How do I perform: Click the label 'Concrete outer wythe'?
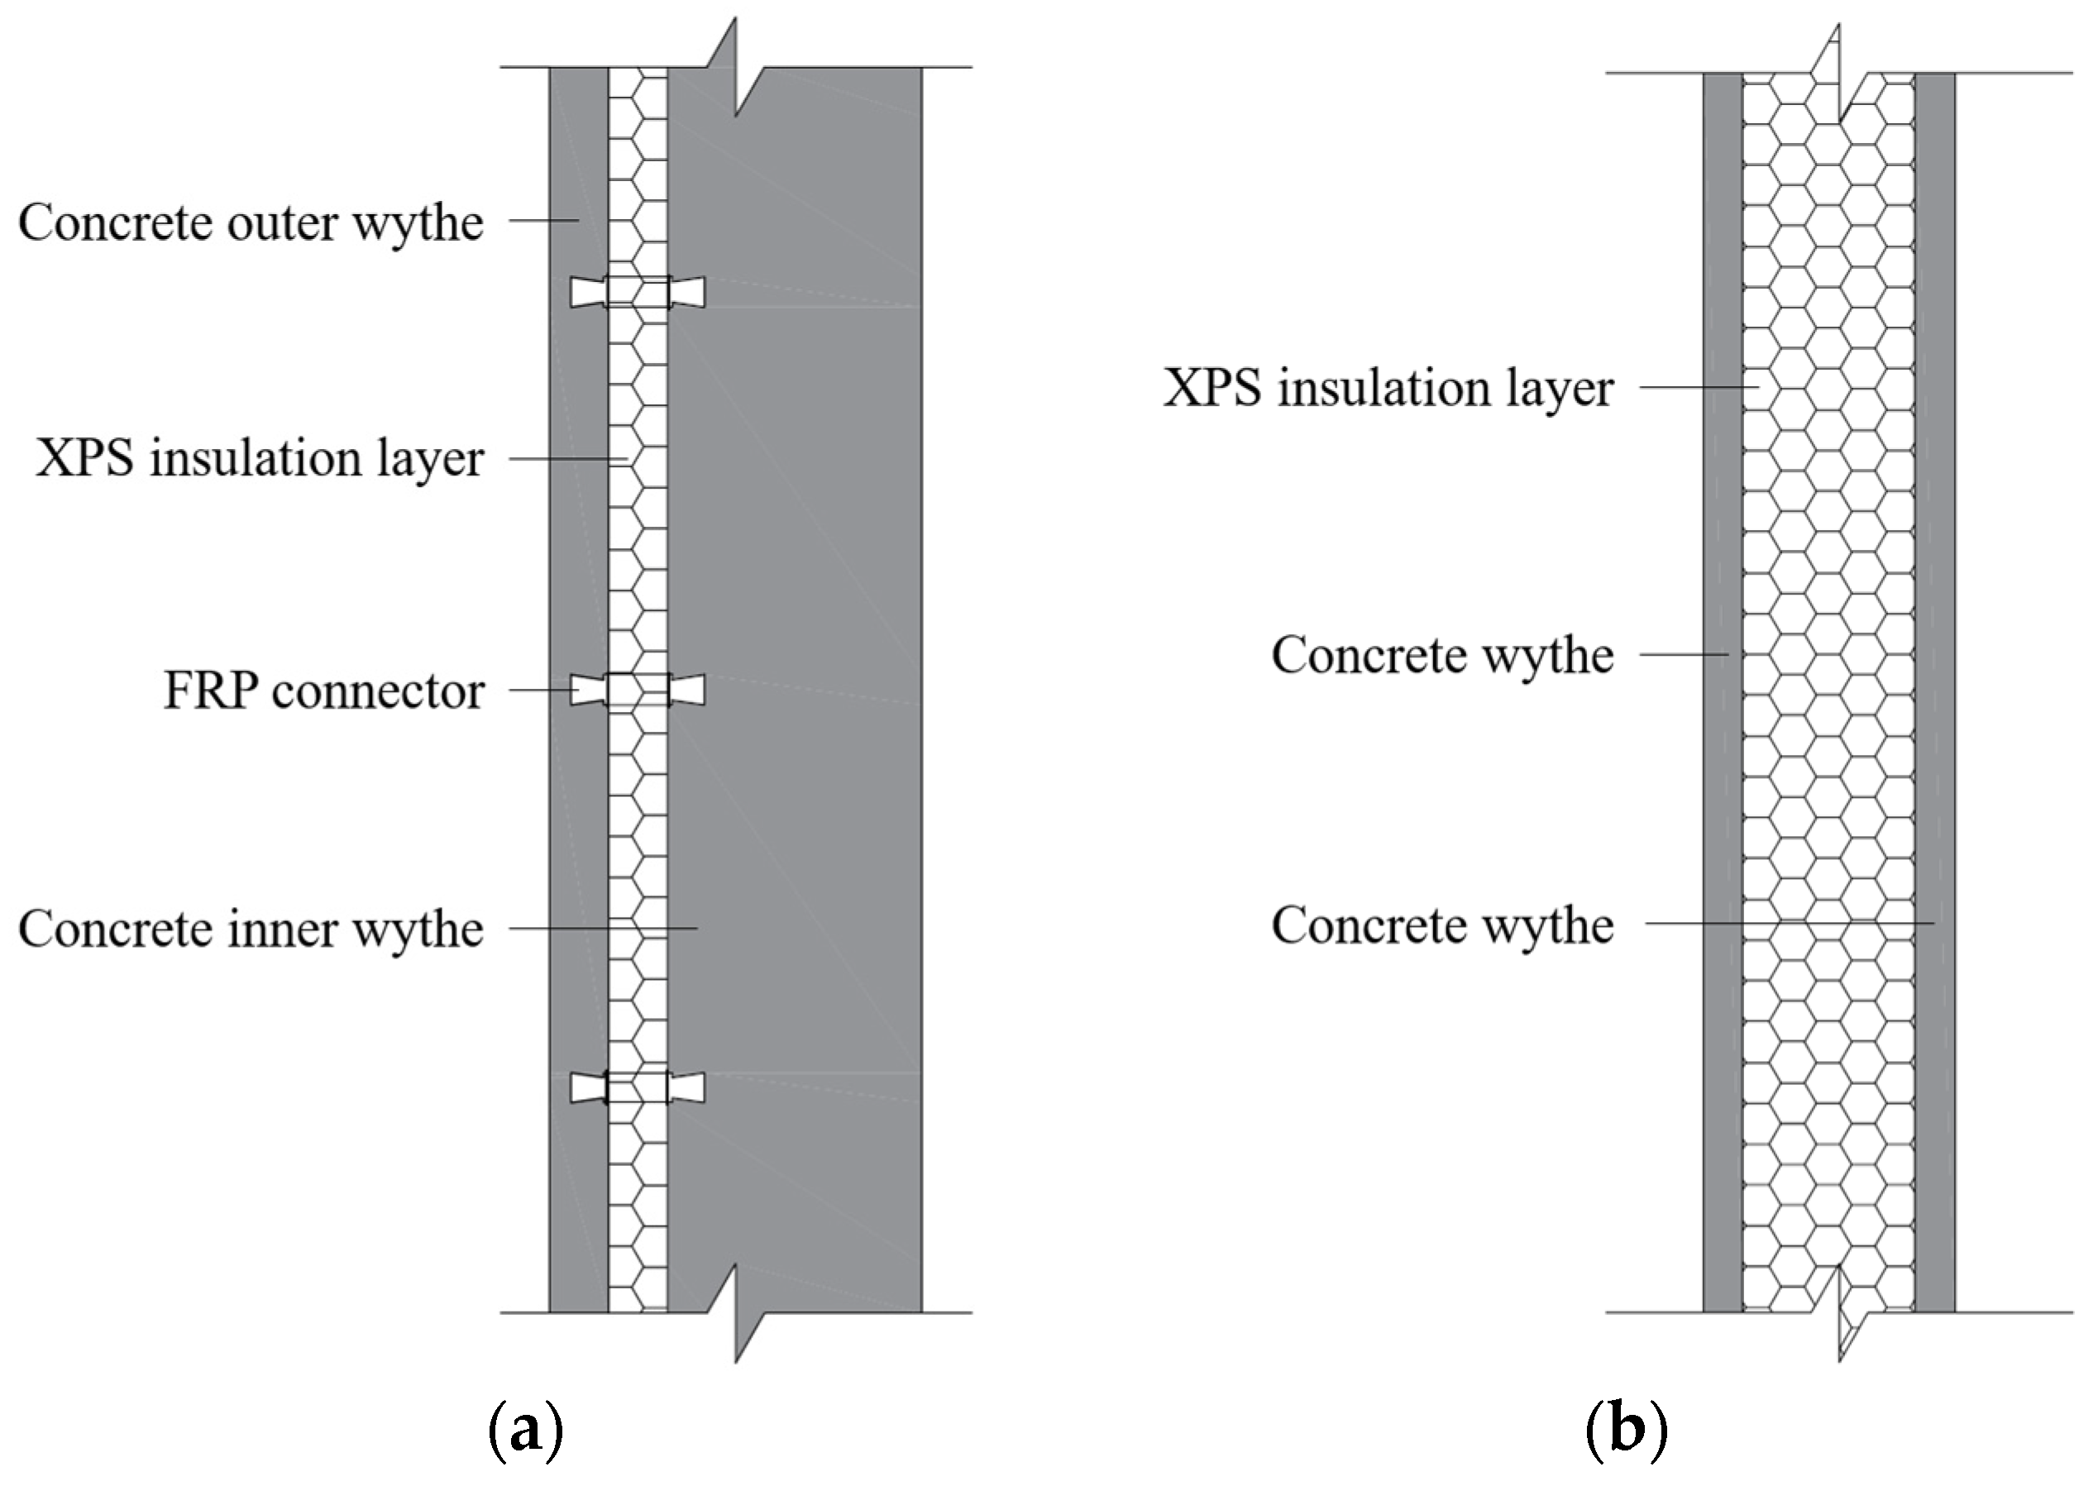point(251,222)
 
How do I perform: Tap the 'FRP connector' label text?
point(324,690)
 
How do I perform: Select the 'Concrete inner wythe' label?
point(251,929)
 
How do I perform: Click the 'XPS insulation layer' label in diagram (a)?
point(260,457)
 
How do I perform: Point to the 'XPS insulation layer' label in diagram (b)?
point(1388,388)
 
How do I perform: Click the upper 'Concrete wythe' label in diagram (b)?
point(1442,655)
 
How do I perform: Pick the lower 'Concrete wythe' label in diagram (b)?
point(1442,925)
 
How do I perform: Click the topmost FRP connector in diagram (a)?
point(638,292)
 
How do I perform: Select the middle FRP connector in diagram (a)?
point(638,690)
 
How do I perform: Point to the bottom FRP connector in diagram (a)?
point(638,1088)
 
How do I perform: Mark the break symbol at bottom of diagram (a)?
point(736,1314)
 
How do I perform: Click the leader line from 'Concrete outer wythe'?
point(543,221)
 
